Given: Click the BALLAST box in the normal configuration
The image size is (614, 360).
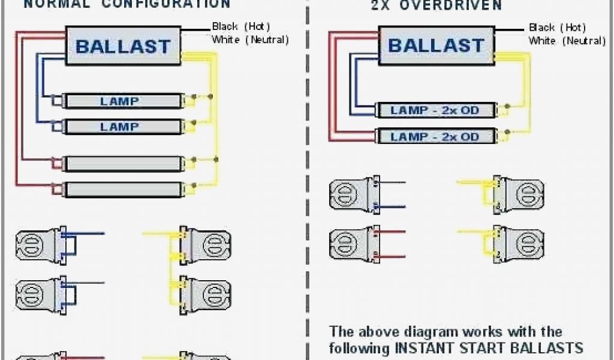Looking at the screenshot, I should [123, 46].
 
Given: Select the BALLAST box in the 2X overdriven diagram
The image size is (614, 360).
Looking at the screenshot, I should [436, 45].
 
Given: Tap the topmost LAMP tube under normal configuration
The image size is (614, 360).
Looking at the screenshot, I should [122, 101].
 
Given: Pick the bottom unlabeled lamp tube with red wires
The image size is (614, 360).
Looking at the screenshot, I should [122, 190].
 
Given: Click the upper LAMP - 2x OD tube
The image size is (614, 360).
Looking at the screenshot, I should [435, 110].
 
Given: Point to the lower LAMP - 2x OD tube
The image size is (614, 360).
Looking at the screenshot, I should [435, 136].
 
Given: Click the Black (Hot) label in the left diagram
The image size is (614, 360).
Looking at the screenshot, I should [241, 26].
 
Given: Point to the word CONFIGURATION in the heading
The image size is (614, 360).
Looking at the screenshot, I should [174, 4].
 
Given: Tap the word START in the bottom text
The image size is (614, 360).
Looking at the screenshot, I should [481, 347].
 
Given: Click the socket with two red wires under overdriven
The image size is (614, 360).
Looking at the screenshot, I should [354, 244].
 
